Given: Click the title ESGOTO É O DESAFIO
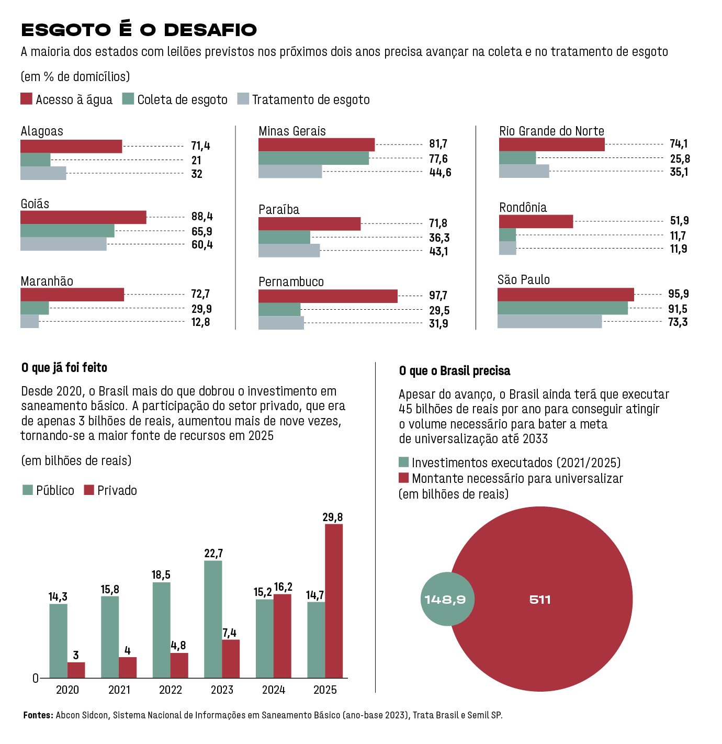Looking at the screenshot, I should point(139,30).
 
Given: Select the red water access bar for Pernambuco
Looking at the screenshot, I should point(328,296).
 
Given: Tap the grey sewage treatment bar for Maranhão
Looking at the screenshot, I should point(30,321).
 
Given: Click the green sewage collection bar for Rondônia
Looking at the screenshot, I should point(507,235).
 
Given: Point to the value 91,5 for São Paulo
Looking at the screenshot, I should point(678,309).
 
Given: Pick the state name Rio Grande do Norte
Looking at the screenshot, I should point(551,131).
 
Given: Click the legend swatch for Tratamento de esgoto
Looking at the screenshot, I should point(243,99).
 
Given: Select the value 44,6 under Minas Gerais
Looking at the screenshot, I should point(440,173).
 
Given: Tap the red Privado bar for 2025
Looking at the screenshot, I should point(334,601).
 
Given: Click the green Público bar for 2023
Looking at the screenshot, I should point(213,619).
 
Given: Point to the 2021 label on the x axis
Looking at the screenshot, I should point(119,690).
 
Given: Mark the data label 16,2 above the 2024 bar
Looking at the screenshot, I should point(283,587).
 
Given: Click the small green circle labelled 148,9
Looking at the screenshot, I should point(445,600).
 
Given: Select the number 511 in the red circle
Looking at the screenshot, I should point(540,600).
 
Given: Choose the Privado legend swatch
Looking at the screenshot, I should point(89,490).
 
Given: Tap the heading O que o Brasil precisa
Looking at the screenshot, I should point(454,371).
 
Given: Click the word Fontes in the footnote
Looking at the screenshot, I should point(38,715).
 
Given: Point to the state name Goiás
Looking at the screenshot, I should point(35,204).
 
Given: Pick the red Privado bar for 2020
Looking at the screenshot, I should point(76,670).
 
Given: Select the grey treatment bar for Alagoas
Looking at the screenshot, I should point(43,173).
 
